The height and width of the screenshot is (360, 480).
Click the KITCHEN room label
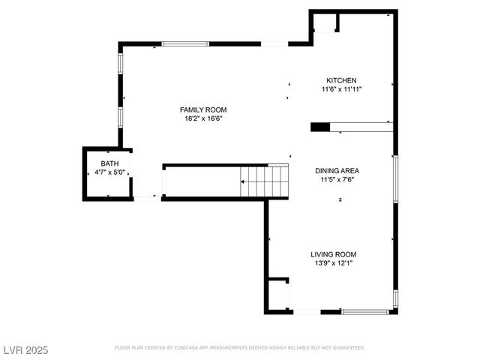click(340, 80)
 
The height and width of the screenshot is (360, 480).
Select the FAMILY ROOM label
click(202, 109)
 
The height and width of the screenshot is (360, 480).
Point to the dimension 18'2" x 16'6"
click(202, 118)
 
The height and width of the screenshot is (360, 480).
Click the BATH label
click(109, 163)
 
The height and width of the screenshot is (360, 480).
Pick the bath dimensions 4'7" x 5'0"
click(109, 172)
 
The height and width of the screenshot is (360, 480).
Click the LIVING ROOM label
click(334, 254)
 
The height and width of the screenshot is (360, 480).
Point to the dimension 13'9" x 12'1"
click(334, 263)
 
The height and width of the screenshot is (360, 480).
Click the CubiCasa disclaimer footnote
click(240, 348)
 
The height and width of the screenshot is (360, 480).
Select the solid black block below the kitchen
click(319, 127)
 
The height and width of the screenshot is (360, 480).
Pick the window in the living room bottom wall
click(366, 311)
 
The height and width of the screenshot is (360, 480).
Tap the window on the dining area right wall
click(394, 179)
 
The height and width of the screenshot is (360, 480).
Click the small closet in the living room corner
click(278, 295)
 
